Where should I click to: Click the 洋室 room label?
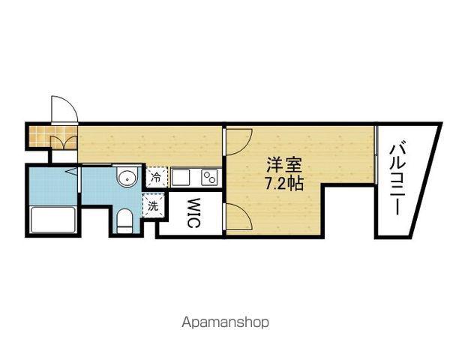coord(283,164)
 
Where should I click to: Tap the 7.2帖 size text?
coord(283,183)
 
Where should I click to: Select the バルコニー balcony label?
coord(398,180)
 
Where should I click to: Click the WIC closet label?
coord(193,213)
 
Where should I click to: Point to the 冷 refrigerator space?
coord(156,177)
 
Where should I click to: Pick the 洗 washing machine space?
coord(153,205)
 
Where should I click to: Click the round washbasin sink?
coord(127,177)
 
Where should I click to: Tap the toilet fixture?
coord(124,220)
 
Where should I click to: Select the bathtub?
coord(53,220)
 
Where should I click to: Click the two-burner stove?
coord(210,178)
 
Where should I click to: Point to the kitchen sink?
coord(181,178)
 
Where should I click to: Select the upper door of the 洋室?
coord(238,142)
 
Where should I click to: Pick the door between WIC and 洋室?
coord(238,217)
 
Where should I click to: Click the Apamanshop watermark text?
coord(225,322)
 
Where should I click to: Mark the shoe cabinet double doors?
coord(64,142)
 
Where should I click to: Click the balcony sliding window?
coord(376,154)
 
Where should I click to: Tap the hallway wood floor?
coord(149,145)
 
